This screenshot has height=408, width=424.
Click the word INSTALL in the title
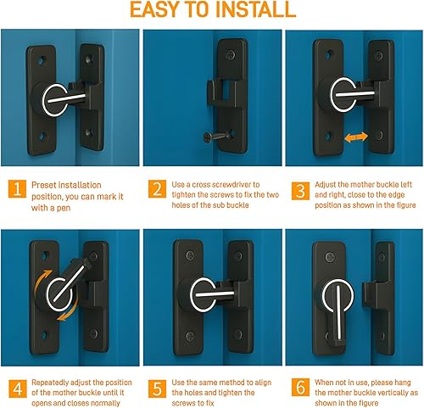pyautogui.click(x=255, y=10)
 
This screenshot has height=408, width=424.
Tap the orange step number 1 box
pyautogui.click(x=17, y=188)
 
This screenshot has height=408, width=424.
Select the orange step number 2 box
pyautogui.click(x=157, y=189)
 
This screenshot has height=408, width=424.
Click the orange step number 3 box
pyautogui.click(x=300, y=191)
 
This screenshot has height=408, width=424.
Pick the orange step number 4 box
pyautogui.click(x=18, y=388)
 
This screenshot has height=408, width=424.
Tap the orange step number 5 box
pyautogui.click(x=157, y=388)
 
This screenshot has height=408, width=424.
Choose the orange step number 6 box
pyautogui.click(x=300, y=387)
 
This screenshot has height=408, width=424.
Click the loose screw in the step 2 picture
pyautogui.click(x=216, y=137)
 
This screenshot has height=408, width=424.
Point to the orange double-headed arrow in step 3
pyautogui.click(x=356, y=137)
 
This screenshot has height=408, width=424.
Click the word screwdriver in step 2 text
pyautogui.click(x=236, y=185)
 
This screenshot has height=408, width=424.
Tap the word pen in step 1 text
pyautogui.click(x=63, y=209)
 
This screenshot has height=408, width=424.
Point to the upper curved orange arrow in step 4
pyautogui.click(x=42, y=279)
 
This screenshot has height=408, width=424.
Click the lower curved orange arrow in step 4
pyautogui.click(x=70, y=312)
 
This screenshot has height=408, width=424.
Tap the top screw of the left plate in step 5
pyautogui.click(x=190, y=256)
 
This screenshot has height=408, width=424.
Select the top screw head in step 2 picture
pyautogui.click(x=232, y=53)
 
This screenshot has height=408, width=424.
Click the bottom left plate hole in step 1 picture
pyautogui.click(x=42, y=137)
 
